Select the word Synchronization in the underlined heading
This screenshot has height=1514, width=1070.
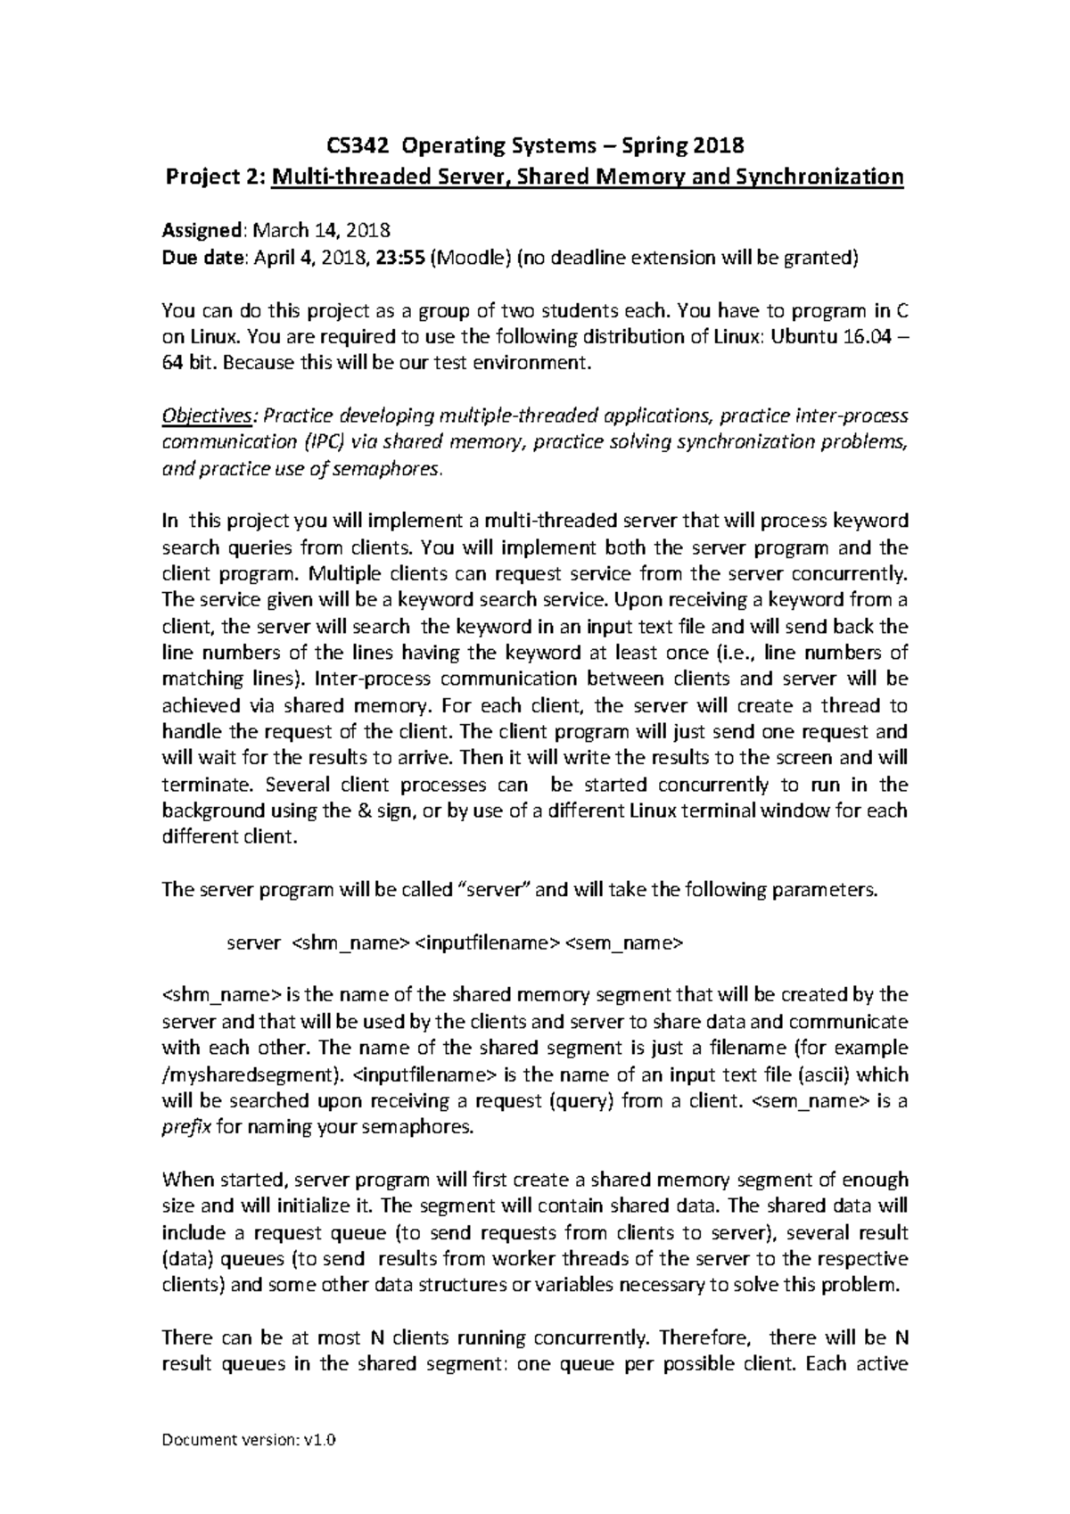click(819, 177)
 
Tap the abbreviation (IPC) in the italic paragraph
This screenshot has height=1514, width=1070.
click(321, 442)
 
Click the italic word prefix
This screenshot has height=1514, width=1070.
click(185, 1127)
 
